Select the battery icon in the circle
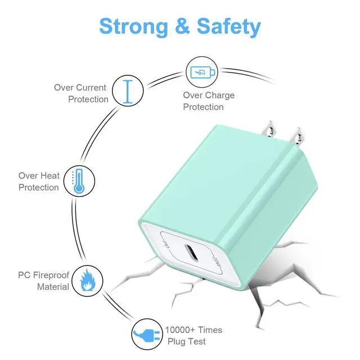(201, 72)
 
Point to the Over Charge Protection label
(208, 101)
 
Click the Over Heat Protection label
(39, 182)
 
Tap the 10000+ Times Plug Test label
(193, 336)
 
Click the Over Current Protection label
(80, 93)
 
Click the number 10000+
(179, 330)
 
